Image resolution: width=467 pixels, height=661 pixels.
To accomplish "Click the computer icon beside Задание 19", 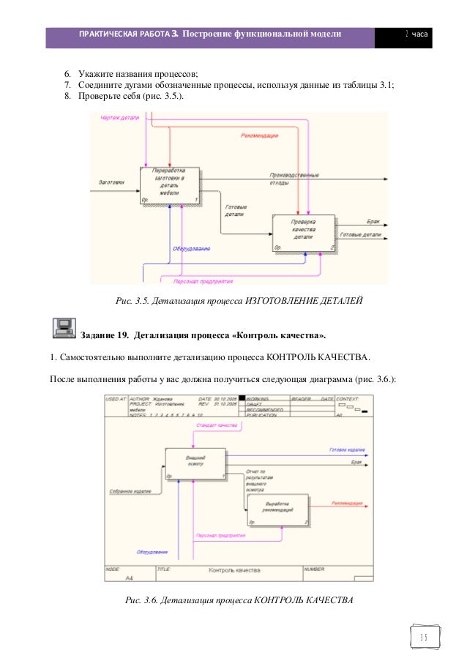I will coord(64,329).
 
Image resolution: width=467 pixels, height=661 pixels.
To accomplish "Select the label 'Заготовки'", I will coord(111,182).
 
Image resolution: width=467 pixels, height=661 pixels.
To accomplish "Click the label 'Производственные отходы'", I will coord(294,179).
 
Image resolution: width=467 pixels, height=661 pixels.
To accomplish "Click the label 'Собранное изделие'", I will coord(130,490).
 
